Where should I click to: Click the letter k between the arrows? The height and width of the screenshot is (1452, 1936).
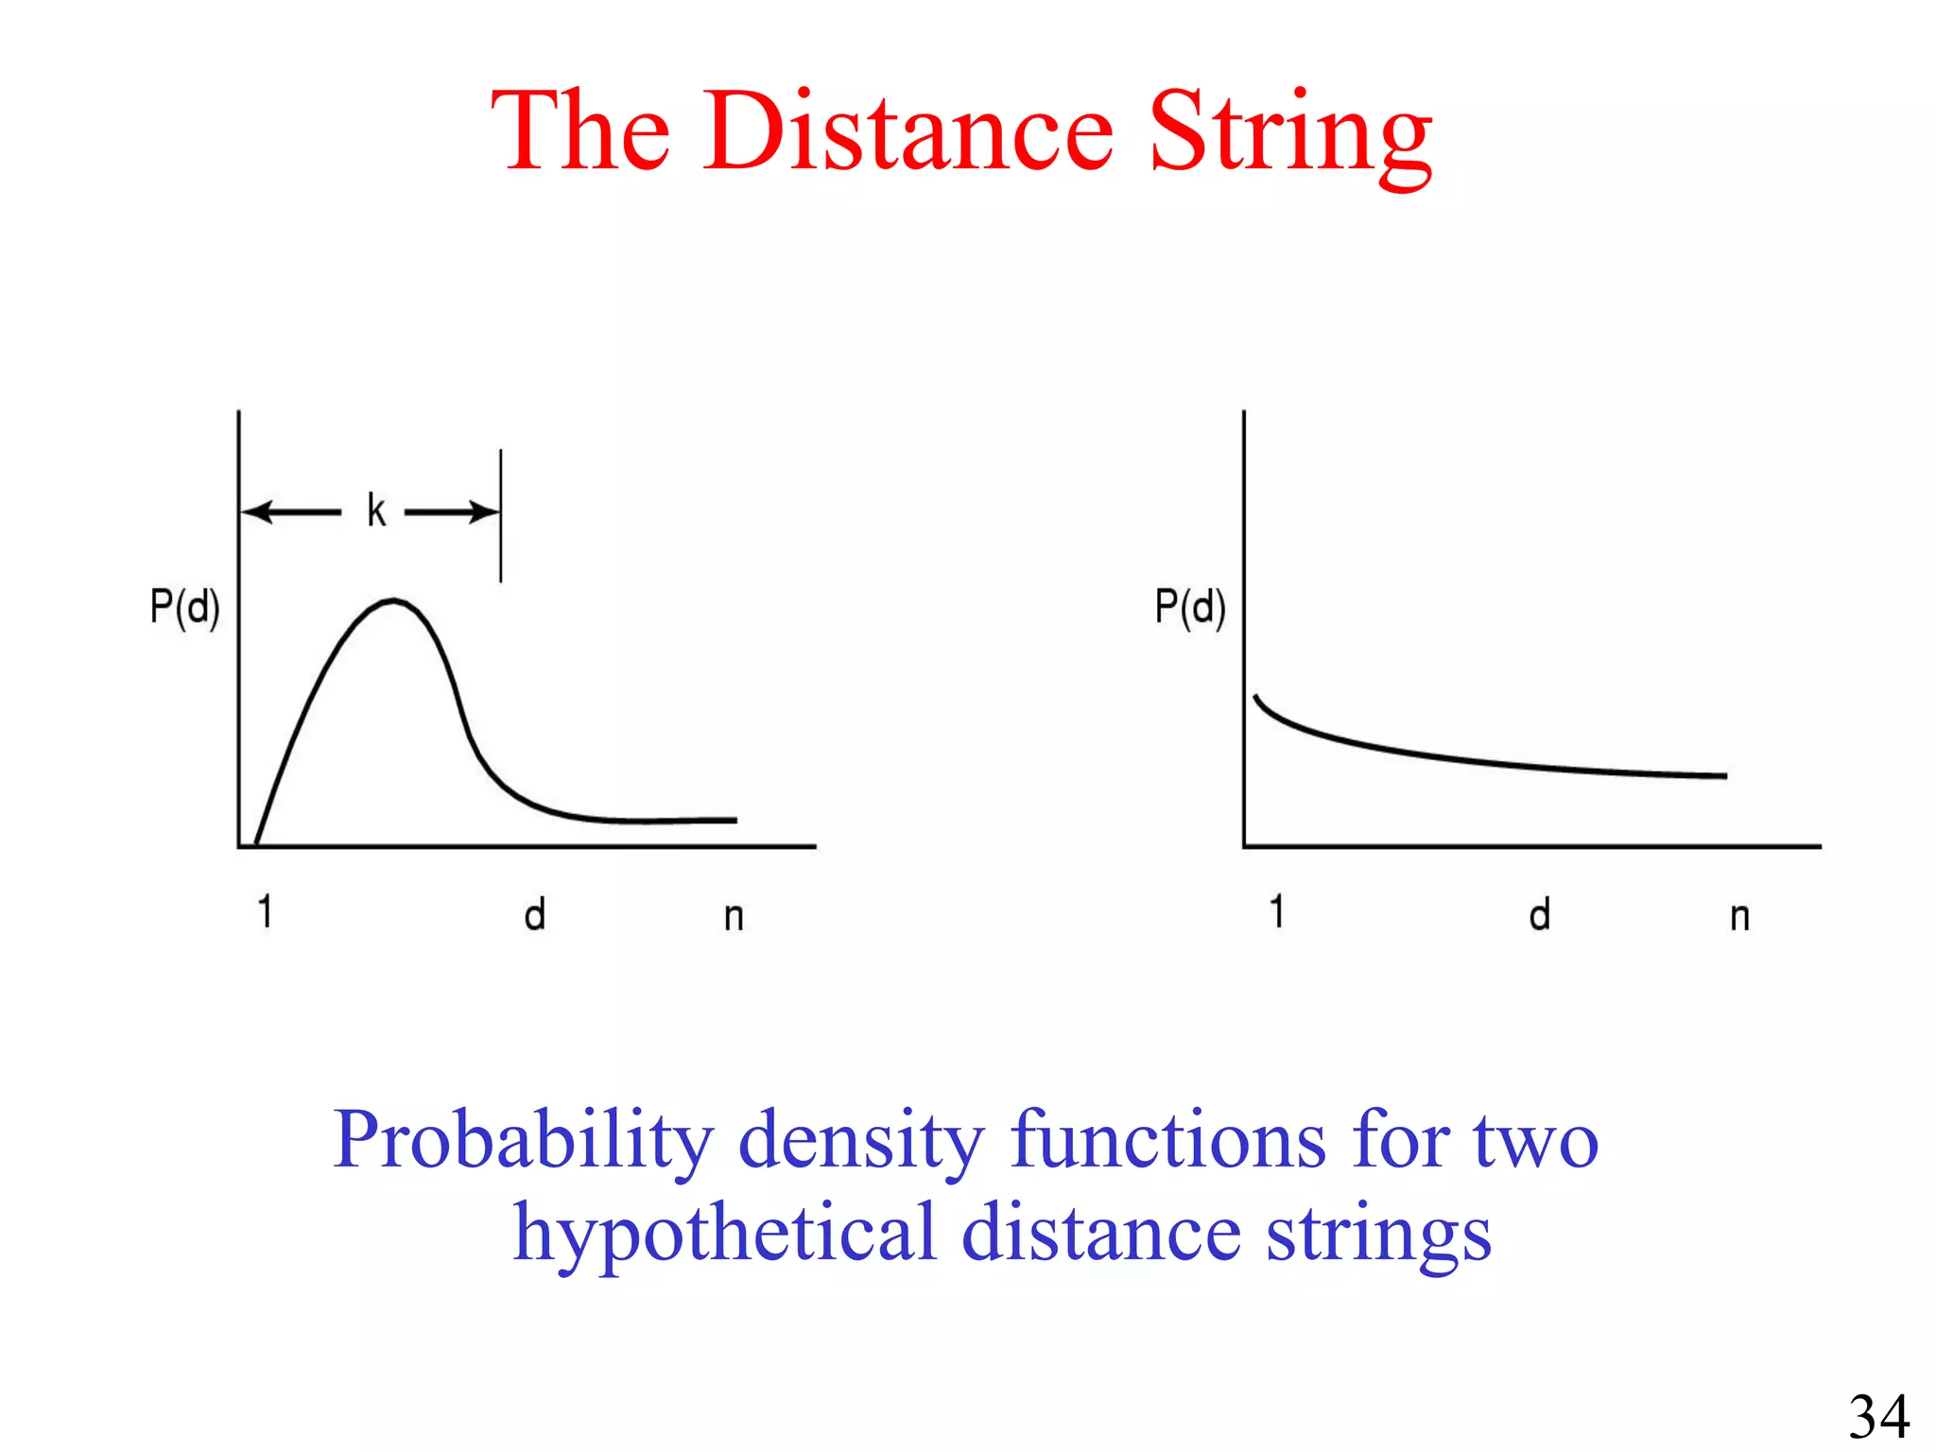pos(376,510)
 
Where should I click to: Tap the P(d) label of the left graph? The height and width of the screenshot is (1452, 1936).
pos(184,607)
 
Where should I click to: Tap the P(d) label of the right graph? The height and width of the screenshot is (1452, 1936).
pos(1189,607)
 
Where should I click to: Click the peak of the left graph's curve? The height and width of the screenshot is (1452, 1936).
pos(393,600)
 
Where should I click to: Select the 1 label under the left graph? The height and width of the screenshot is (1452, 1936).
pos(266,912)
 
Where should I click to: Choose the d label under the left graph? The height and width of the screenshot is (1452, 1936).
pos(535,915)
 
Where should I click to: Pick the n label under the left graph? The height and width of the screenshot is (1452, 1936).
pos(734,917)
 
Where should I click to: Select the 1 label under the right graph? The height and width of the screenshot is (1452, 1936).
pos(1277,912)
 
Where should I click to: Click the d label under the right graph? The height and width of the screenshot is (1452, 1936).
pos(1540,915)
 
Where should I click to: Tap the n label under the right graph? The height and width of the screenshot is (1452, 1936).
pos(1739,917)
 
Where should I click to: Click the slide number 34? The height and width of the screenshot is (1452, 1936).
pos(1879,1416)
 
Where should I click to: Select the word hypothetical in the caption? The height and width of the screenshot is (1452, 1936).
pos(724,1234)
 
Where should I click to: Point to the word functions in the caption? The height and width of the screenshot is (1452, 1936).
pos(1167,1140)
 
